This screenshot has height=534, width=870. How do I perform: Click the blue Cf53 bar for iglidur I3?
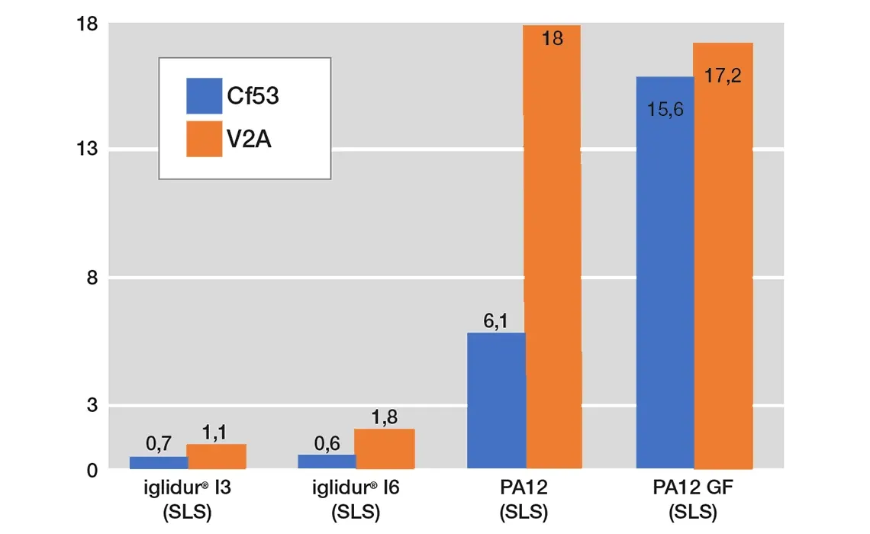(158, 462)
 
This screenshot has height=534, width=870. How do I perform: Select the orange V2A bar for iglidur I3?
(216, 456)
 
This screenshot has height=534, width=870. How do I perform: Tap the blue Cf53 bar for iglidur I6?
(326, 462)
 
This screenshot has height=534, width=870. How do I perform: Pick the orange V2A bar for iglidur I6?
(385, 449)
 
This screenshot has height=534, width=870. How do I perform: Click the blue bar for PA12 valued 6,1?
(495, 400)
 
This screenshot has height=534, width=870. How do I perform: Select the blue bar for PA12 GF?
(665, 272)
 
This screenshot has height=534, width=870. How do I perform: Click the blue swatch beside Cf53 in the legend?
(204, 95)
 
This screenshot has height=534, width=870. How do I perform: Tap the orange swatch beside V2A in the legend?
(204, 139)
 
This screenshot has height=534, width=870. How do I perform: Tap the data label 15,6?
(665, 110)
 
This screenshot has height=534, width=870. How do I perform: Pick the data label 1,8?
(384, 417)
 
